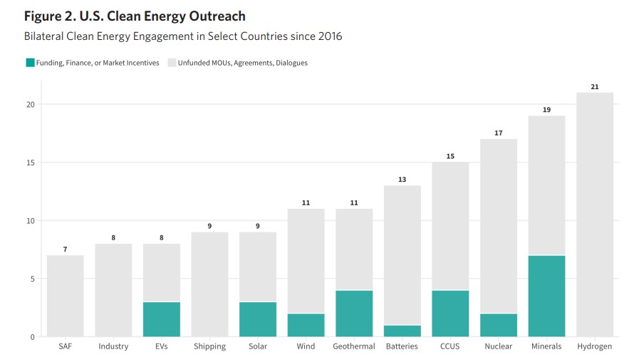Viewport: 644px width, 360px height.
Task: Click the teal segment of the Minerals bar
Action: click(546, 296)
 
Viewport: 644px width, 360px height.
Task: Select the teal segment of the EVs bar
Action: click(162, 319)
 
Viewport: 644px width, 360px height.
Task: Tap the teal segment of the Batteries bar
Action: click(402, 331)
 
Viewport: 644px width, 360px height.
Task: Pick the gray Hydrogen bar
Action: click(594, 214)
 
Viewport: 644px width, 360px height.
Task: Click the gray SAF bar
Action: click(66, 296)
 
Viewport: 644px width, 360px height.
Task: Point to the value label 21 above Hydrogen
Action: click(594, 87)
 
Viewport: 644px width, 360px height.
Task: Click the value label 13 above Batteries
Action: click(402, 180)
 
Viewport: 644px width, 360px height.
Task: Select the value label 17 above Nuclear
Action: click(498, 133)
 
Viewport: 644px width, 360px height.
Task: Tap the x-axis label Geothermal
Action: click(354, 347)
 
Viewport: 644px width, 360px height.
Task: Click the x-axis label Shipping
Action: click(209, 347)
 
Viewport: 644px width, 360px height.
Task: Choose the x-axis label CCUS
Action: click(450, 347)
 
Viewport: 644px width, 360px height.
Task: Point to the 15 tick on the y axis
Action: click(30, 163)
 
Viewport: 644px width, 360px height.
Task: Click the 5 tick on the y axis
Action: click(32, 279)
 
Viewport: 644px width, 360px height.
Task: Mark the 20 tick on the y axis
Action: click(30, 105)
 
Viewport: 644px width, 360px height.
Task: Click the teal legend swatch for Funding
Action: click(30, 63)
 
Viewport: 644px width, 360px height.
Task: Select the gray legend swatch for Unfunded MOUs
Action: click(172, 63)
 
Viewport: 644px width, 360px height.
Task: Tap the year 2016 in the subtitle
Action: click(328, 36)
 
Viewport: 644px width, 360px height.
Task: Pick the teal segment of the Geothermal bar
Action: click(354, 313)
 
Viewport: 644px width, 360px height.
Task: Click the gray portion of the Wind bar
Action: click(306, 260)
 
